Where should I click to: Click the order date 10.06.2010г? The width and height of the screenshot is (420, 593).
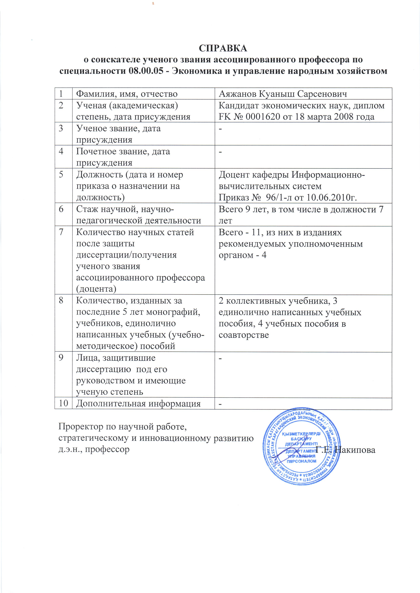332,197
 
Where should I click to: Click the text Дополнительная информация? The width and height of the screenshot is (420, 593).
138,403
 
